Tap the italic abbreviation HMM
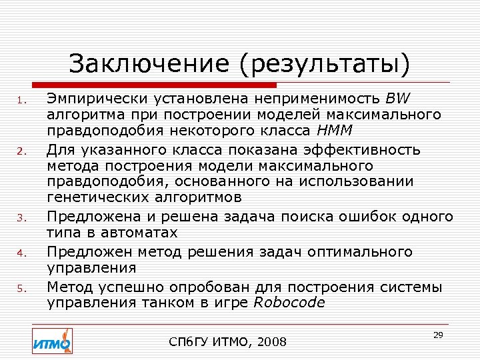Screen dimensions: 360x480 click(x=338, y=129)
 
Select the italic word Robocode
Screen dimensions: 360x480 click(x=289, y=303)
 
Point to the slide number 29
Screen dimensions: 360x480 click(x=438, y=335)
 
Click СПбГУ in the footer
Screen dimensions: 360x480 click(x=189, y=343)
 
